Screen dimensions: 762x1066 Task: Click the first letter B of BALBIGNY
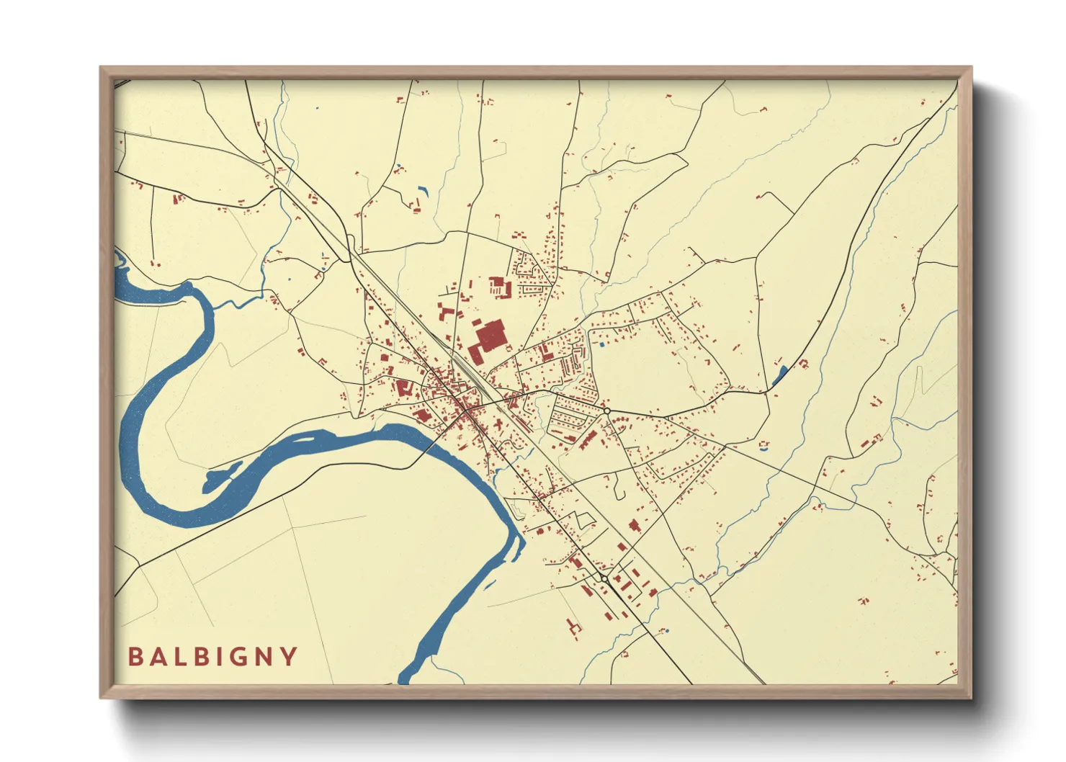click(x=135, y=657)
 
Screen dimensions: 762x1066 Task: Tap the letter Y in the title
click(x=290, y=657)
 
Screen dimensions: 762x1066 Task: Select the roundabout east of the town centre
click(x=607, y=411)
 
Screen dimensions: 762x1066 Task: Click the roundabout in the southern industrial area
click(x=604, y=578)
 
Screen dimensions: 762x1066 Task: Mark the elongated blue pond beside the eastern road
click(x=780, y=375)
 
